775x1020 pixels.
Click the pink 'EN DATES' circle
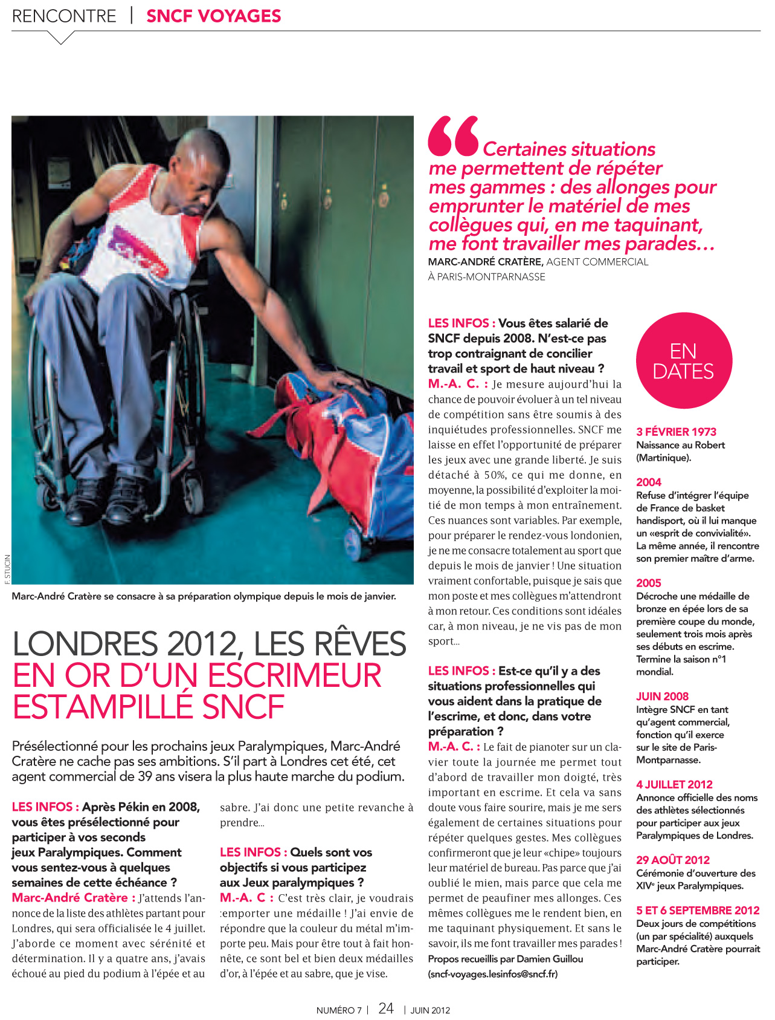point(684,361)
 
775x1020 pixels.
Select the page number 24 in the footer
point(386,1008)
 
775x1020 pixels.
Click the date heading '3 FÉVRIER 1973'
point(676,432)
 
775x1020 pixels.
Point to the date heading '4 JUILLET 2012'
point(674,784)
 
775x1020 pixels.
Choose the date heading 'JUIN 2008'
point(662,696)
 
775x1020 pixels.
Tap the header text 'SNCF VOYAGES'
point(214,16)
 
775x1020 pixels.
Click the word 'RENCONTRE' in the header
point(64,16)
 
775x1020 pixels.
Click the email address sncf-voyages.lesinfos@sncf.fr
point(493,974)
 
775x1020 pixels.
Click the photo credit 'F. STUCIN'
point(7,568)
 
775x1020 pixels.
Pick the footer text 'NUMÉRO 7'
point(339,1010)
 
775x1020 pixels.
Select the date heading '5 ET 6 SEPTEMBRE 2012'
point(698,910)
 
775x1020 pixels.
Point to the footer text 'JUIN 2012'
point(430,1010)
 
